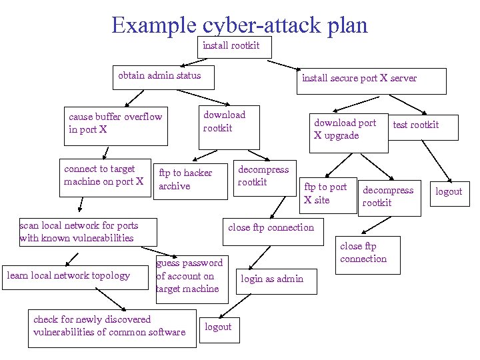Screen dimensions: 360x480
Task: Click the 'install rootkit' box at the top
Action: click(231, 47)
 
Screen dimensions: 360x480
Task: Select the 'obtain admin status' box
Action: click(160, 76)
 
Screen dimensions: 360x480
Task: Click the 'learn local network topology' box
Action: click(68, 275)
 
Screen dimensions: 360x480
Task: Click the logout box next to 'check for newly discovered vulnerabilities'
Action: click(219, 328)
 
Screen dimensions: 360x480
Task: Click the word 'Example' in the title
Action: click(153, 25)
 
